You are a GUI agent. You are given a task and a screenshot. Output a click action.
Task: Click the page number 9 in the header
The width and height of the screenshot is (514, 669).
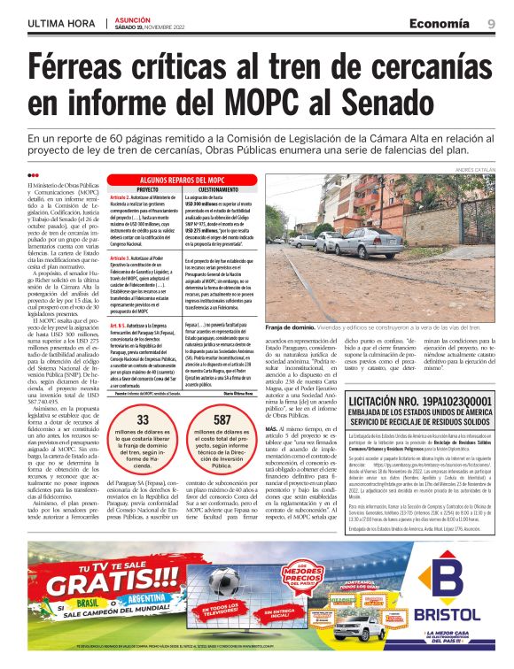(x=490, y=23)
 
